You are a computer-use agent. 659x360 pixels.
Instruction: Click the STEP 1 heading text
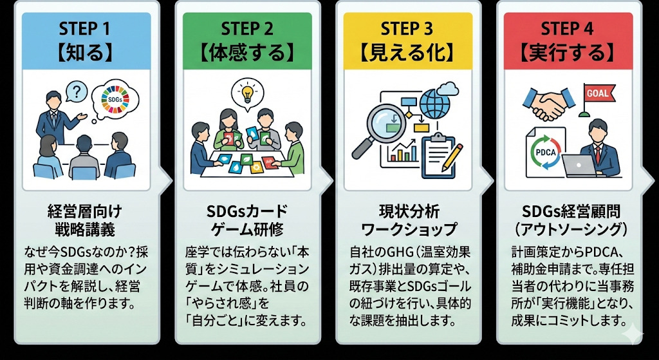point(86,29)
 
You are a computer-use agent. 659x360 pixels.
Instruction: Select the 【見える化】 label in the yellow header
point(407,52)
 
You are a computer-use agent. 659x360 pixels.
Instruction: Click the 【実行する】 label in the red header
point(567,52)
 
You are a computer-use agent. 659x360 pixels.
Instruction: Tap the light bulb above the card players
point(246,91)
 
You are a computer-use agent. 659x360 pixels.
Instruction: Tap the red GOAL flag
point(595,94)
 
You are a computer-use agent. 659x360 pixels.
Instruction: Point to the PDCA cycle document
point(545,154)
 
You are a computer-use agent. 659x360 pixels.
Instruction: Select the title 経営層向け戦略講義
point(85,219)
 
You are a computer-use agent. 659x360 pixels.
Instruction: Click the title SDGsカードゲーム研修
point(247,220)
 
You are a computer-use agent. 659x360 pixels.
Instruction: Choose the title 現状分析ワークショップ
point(408,220)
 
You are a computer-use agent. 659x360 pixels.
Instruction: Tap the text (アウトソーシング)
point(568,228)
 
